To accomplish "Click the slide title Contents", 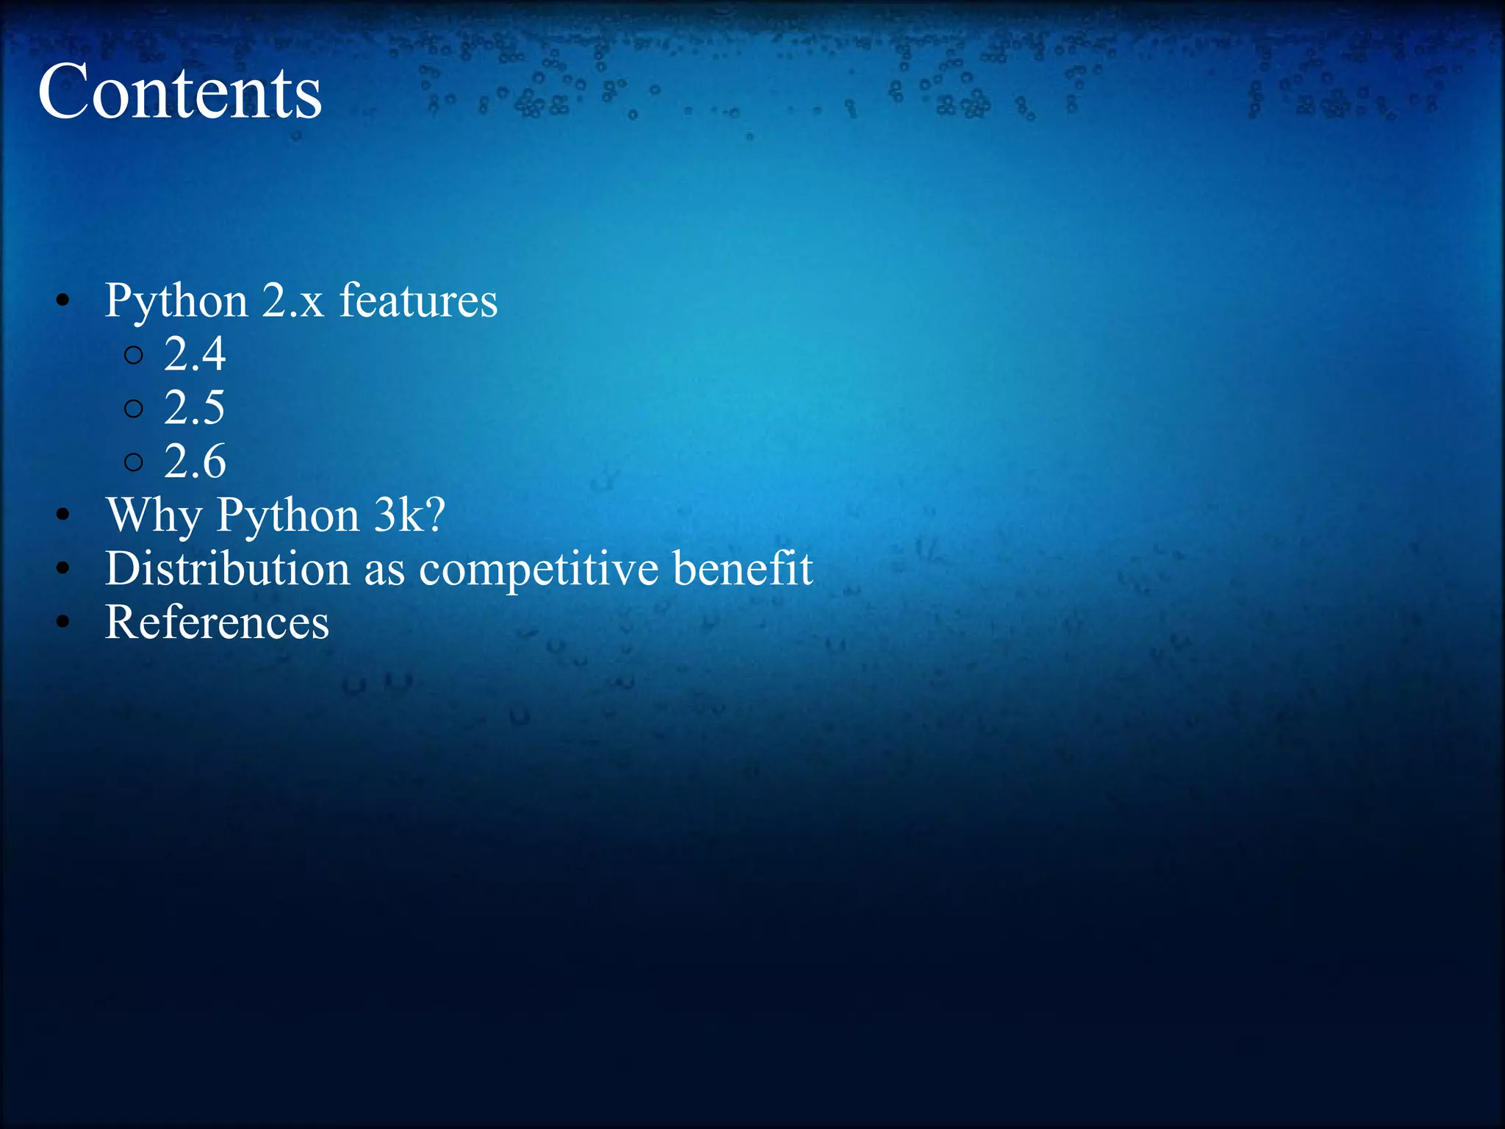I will (180, 92).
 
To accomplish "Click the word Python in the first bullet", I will (176, 301).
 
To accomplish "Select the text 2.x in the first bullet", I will (292, 301).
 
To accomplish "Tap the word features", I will (418, 301).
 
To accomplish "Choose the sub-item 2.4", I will (194, 354).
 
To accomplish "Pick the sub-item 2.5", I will (194, 408).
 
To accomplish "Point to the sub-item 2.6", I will (194, 462).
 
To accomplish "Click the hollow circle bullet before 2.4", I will (134, 356).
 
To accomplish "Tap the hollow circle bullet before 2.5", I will (134, 409).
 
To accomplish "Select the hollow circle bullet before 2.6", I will (134, 462).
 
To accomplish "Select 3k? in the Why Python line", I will (409, 515).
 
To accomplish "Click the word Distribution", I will (227, 569).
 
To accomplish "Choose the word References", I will (217, 623).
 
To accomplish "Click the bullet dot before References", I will (63, 623).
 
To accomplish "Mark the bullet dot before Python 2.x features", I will (63, 301).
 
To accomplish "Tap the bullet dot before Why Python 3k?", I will (63, 515).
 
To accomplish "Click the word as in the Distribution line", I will (384, 572).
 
